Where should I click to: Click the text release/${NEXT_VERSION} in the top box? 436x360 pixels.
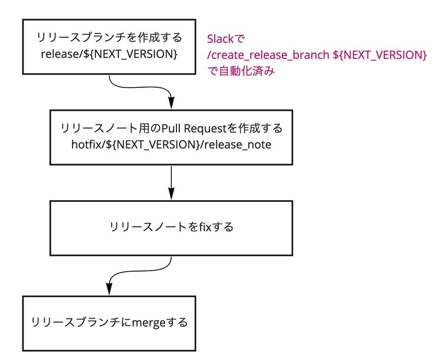pyautogui.click(x=109, y=54)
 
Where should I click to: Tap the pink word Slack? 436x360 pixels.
pyautogui.click(x=220, y=39)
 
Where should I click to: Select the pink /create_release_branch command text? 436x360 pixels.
pyautogui.click(x=268, y=55)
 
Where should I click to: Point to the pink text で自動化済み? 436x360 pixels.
pyautogui.click(x=241, y=71)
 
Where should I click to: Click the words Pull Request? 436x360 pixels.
pyautogui.click(x=195, y=129)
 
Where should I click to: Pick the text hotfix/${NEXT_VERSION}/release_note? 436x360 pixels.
pyautogui.click(x=171, y=145)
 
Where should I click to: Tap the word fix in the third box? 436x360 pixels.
pyautogui.click(x=205, y=227)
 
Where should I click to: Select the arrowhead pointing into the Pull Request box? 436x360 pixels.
pyautogui.click(x=172, y=103)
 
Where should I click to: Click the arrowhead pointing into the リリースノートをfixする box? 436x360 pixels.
pyautogui.click(x=171, y=194)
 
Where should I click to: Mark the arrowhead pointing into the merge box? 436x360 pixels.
pyautogui.click(x=110, y=289)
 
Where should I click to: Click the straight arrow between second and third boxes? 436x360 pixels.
pyautogui.click(x=171, y=183)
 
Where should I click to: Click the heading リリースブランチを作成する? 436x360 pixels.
pyautogui.click(x=109, y=38)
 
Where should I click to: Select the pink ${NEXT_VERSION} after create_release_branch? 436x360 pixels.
pyautogui.click(x=379, y=55)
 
